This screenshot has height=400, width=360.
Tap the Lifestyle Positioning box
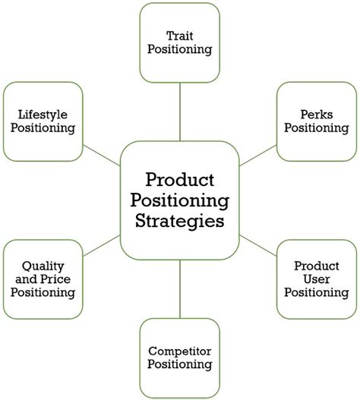(x=43, y=121)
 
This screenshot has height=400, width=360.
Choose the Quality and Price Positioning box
(x=43, y=279)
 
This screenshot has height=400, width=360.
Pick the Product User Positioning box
(x=316, y=279)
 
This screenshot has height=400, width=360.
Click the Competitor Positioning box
(x=179, y=357)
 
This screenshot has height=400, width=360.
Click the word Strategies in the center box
(x=179, y=222)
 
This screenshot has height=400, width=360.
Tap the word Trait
(x=179, y=35)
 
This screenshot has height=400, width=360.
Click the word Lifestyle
(x=43, y=114)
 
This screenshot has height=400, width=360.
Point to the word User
(x=316, y=279)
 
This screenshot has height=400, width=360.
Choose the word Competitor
(x=179, y=351)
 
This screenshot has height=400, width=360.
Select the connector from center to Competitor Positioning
(x=179, y=288)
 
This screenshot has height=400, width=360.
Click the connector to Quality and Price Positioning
(x=102, y=245)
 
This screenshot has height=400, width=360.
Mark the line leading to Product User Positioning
(x=257, y=245)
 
